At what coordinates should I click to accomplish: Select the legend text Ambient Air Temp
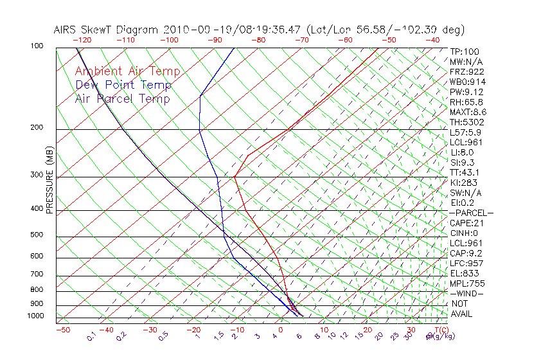pos(128,71)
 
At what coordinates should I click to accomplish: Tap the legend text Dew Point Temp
pos(123,85)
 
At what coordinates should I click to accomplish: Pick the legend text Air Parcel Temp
pos(123,98)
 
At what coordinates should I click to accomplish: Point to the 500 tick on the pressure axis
pos(37,235)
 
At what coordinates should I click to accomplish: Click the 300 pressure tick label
pos(37,175)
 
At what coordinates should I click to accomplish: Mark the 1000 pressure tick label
pos(35,316)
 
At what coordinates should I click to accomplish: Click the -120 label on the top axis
pos(82,40)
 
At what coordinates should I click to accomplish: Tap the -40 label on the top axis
pos(432,40)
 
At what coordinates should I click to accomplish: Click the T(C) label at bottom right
pos(440,330)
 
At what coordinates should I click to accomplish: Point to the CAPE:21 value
pos(467,223)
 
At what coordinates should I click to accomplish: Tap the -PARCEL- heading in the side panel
pos(471,213)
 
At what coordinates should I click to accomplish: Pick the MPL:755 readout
pos(467,283)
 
